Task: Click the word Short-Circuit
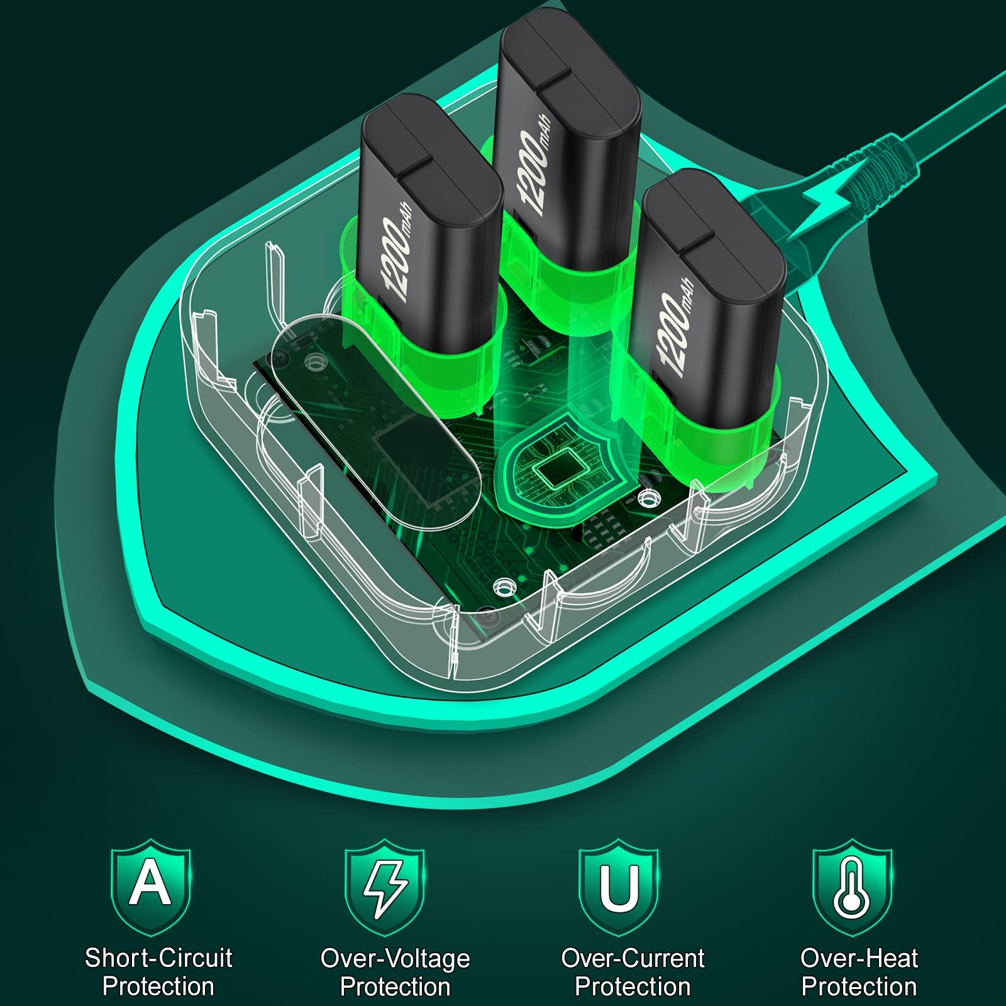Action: [x=158, y=958]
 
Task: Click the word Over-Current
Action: [x=633, y=958]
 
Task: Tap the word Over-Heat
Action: [x=859, y=958]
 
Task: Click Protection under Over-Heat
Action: [x=859, y=987]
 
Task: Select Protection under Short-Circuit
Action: [x=158, y=987]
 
